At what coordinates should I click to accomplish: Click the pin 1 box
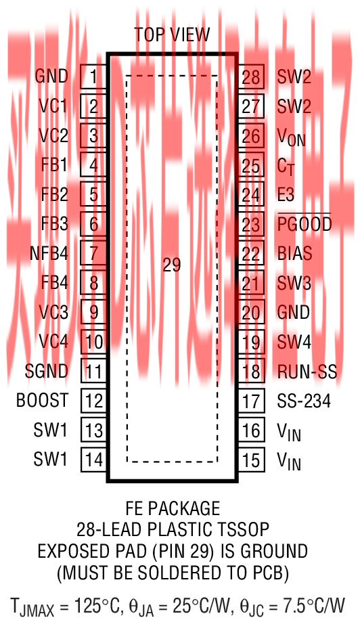[93, 76]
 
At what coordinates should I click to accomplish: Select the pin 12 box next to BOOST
[94, 400]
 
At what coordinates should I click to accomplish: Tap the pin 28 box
[251, 76]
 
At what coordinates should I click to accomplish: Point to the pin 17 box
[251, 400]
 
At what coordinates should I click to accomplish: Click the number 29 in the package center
[172, 265]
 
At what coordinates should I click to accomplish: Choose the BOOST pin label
[42, 400]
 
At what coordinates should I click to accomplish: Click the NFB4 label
[49, 253]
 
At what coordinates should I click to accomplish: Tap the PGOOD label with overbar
[305, 223]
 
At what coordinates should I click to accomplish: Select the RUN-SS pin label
[307, 372]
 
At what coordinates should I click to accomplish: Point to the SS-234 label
[304, 401]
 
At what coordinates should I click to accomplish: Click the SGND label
[47, 371]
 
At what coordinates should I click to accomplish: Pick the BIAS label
[294, 253]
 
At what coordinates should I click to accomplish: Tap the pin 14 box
[94, 459]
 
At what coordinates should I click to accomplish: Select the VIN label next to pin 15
[289, 461]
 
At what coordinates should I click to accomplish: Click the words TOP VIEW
[172, 35]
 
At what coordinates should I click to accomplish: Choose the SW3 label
[294, 284]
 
